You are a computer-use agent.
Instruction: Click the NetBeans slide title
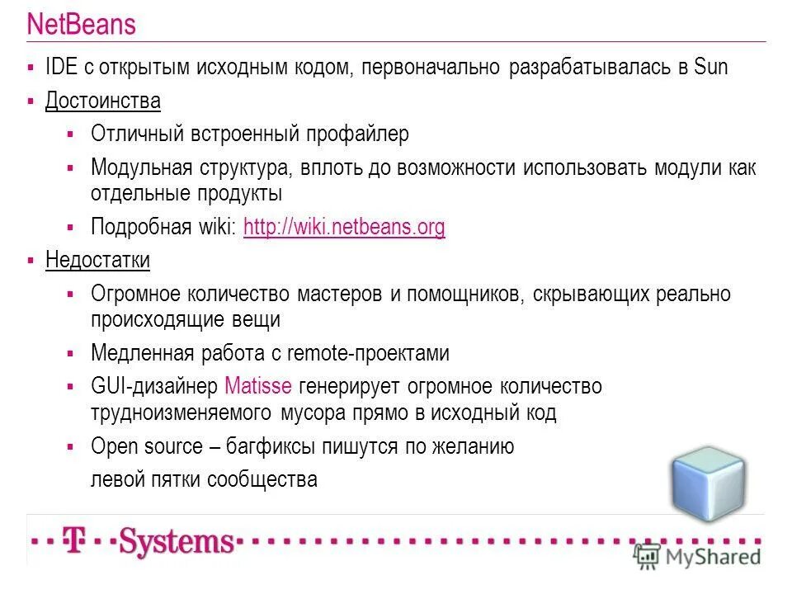tap(81, 25)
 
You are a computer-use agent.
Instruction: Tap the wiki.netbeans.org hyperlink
tap(344, 228)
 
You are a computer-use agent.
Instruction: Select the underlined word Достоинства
tap(102, 101)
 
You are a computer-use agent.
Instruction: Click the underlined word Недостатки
tap(97, 261)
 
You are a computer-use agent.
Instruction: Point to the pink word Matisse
tap(259, 385)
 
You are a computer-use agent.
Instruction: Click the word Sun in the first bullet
tap(710, 68)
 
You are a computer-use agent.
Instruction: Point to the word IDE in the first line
tap(60, 68)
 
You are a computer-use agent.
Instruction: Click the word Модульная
tap(141, 167)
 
